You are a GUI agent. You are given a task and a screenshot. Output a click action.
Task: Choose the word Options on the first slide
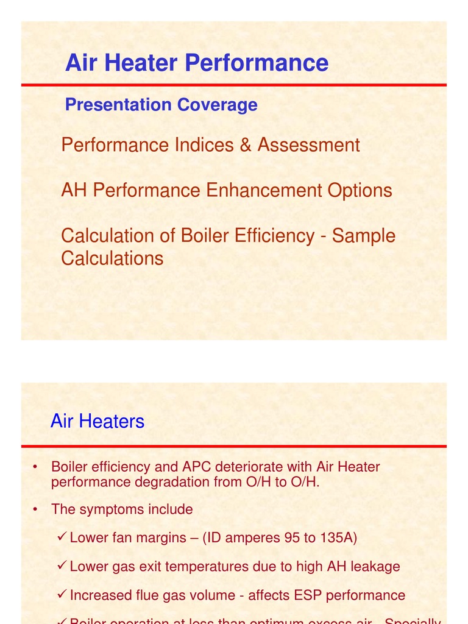pyautogui.click(x=360, y=190)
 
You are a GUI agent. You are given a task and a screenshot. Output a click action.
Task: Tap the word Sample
pyautogui.click(x=364, y=236)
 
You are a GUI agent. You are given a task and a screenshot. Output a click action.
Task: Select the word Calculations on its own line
pyautogui.click(x=112, y=258)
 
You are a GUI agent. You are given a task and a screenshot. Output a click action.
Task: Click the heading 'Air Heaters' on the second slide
pyautogui.click(x=97, y=421)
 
